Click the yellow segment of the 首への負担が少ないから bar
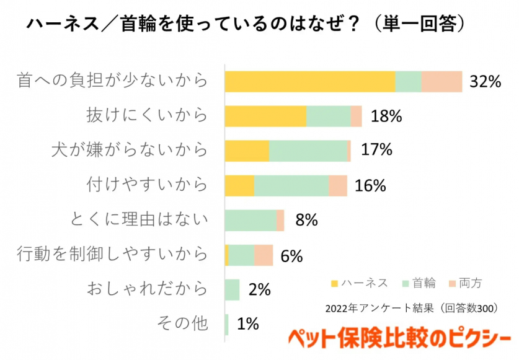coord(309,81)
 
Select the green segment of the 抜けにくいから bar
coord(328,116)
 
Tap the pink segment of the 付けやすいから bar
coord(338,186)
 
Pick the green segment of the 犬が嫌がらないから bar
coord(308,151)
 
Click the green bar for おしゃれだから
coord(232,289)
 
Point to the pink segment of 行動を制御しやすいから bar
coord(264,255)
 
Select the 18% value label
coord(386,116)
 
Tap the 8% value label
coord(306,221)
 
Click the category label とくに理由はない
coord(139,219)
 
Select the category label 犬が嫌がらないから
coord(130,150)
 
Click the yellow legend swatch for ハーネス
coord(335,284)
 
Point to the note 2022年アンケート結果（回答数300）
coord(412,308)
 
